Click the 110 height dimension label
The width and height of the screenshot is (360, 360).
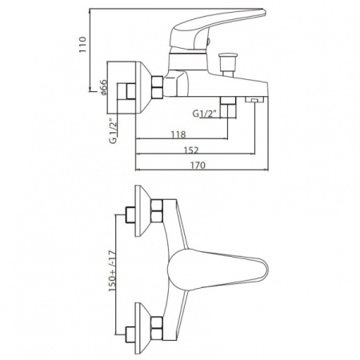(x=83, y=44)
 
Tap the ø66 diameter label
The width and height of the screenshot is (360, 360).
(x=103, y=87)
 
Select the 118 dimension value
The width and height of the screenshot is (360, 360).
(x=178, y=134)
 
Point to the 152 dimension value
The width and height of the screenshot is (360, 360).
(x=191, y=150)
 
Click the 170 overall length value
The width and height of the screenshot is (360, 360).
(x=198, y=166)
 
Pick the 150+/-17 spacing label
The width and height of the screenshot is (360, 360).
(x=112, y=271)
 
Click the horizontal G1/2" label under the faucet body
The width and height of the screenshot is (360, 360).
(x=204, y=114)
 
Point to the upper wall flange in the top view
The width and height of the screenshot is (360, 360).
(x=142, y=210)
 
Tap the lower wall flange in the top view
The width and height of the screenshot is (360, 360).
(x=142, y=328)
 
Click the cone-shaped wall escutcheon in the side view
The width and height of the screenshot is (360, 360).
(x=143, y=87)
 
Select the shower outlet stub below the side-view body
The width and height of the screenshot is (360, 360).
(x=228, y=107)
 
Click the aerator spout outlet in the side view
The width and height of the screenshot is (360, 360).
(x=254, y=99)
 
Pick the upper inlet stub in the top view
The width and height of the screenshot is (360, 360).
(x=130, y=215)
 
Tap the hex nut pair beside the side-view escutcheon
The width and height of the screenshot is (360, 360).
(x=157, y=86)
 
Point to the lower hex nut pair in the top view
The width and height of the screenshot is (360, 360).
(x=157, y=328)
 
